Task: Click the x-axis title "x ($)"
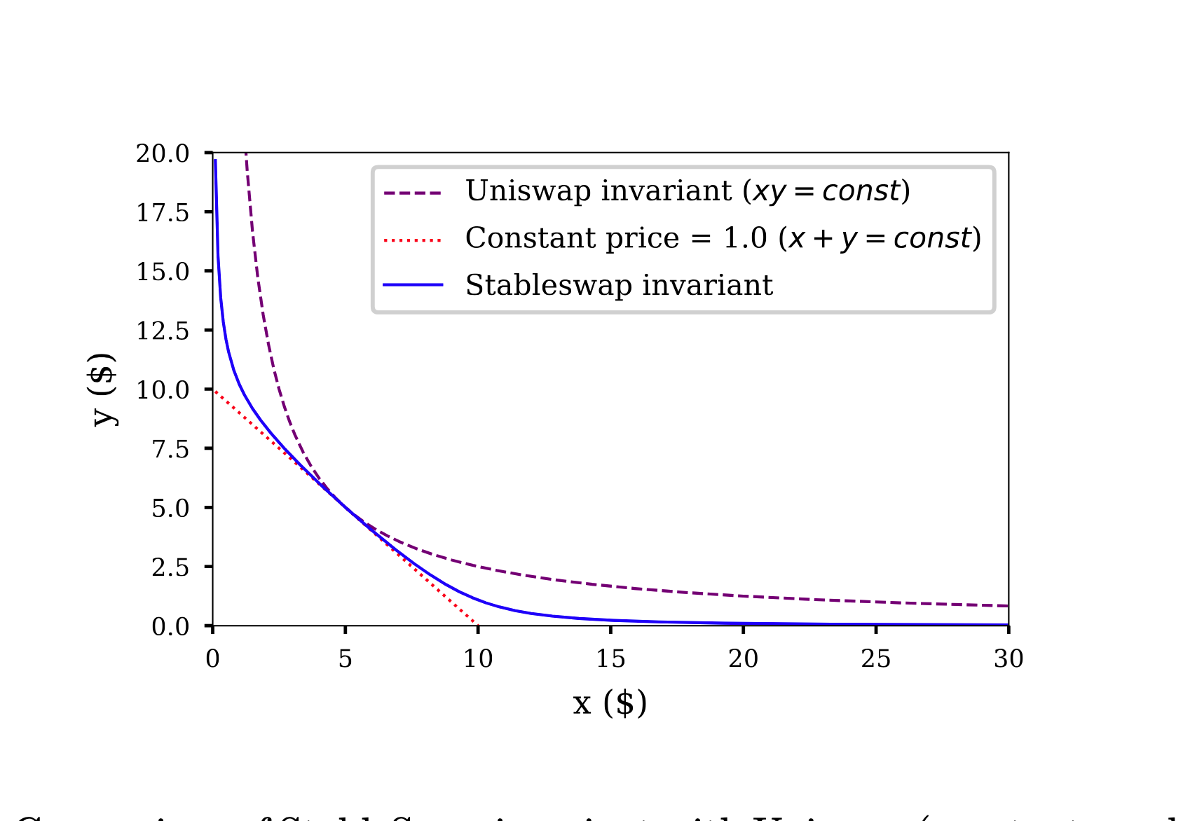(x=610, y=703)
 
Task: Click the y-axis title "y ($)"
(x=104, y=389)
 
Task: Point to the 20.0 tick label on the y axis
(x=163, y=153)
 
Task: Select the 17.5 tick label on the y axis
(x=163, y=212)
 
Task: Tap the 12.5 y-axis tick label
(x=163, y=331)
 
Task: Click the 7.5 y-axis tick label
(x=170, y=449)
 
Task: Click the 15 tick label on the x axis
(x=610, y=658)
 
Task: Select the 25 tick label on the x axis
(x=876, y=658)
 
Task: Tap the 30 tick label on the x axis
(x=1008, y=658)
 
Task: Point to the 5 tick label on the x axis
(x=346, y=658)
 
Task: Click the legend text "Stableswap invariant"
(x=619, y=285)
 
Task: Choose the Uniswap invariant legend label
(x=688, y=191)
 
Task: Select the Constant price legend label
(x=723, y=238)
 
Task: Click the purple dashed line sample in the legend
(x=413, y=192)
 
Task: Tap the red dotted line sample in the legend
(x=413, y=240)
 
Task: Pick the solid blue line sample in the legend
(x=413, y=285)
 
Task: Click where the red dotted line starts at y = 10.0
(x=214, y=389)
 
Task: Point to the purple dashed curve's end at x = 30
(x=1008, y=606)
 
